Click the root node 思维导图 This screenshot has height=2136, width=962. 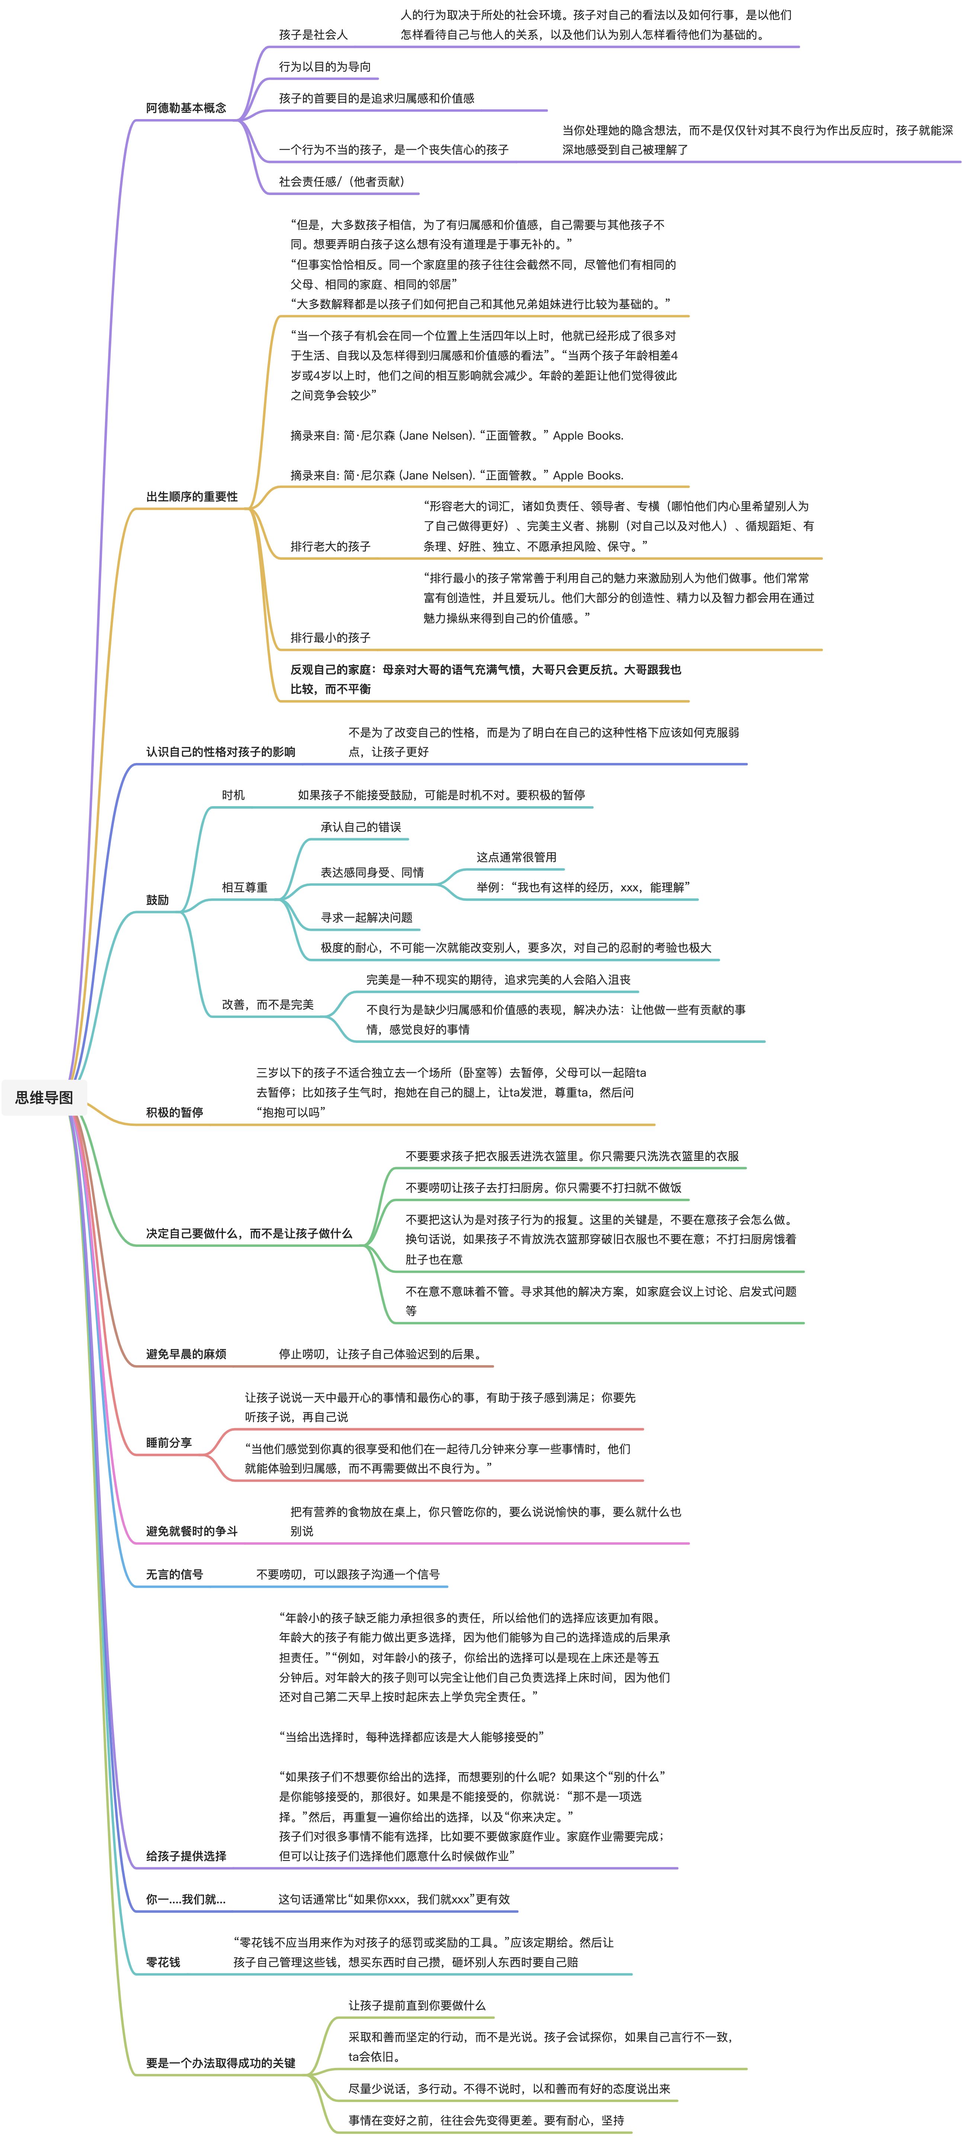tap(44, 1097)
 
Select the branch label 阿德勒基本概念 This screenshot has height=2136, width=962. tap(186, 108)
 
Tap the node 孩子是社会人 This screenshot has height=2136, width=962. tap(313, 35)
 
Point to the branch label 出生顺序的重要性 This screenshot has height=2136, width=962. tap(192, 497)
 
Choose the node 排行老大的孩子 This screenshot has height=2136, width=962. tap(330, 546)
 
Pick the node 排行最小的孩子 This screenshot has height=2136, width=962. tap(330, 638)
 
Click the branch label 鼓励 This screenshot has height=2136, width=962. tap(157, 900)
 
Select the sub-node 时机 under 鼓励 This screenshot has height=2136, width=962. tap(233, 794)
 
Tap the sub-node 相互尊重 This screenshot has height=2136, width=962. tap(245, 887)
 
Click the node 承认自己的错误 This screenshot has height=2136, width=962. tap(361, 827)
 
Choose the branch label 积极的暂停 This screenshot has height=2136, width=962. tap(174, 1112)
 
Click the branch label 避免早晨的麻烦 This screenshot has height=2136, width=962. tap(186, 1354)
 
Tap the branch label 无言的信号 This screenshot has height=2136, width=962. tap(174, 1574)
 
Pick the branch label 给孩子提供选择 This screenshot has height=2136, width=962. tap(186, 1856)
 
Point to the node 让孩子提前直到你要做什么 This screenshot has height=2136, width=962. tap(416, 2005)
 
